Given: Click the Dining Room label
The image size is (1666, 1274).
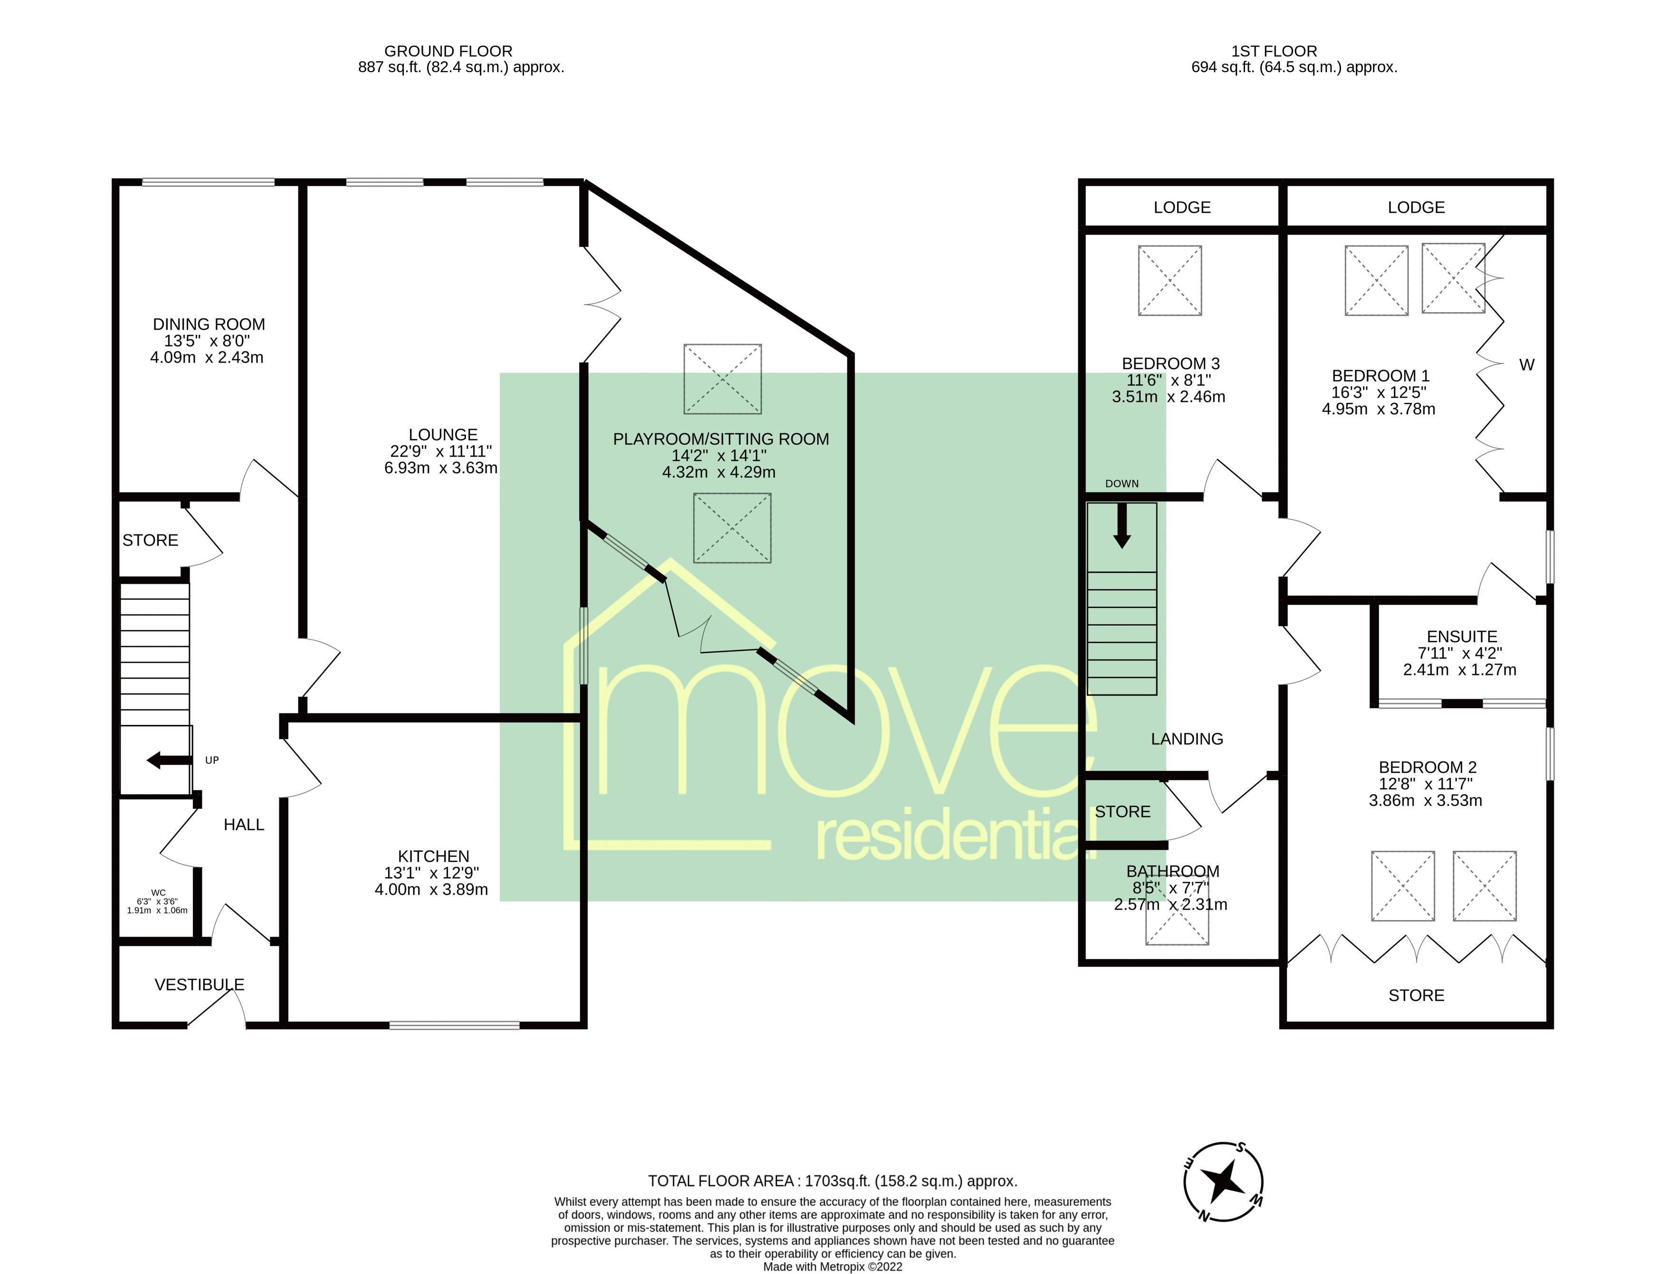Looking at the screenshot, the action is [209, 324].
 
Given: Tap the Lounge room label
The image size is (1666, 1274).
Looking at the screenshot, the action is [443, 435].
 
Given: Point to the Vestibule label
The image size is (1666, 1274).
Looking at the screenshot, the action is [200, 984].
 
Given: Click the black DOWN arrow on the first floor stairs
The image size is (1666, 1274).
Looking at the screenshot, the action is [1122, 525].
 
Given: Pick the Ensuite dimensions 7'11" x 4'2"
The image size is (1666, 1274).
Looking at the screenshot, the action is [1460, 653].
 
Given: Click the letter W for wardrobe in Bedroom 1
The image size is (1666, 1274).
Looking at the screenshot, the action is [1526, 365].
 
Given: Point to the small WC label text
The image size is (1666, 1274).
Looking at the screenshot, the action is [158, 893].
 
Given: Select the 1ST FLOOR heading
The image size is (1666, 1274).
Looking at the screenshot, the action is [1274, 51].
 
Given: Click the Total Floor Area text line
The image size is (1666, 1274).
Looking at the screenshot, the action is [833, 1181].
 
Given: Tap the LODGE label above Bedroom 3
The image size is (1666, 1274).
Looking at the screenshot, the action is [1182, 207].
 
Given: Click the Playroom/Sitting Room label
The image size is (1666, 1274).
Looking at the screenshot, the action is [721, 439].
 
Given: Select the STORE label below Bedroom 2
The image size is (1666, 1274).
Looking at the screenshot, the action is [1416, 995].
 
